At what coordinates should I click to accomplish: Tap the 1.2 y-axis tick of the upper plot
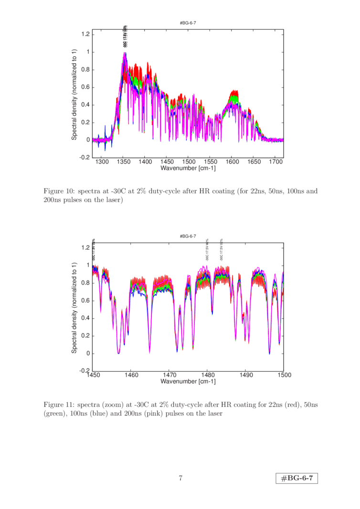85,34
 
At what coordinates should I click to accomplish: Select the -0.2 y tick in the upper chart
84,157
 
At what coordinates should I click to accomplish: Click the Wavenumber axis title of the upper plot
188,168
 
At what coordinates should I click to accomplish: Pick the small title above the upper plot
188,22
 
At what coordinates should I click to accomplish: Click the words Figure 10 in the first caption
55,191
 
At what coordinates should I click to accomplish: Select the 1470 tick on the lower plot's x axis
169,375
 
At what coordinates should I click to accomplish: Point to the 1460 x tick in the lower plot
131,375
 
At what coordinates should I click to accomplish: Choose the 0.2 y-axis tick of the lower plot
85,336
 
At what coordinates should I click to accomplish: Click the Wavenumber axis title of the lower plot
188,382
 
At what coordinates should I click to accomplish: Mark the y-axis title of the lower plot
74,308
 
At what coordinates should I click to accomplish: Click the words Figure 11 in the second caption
55,405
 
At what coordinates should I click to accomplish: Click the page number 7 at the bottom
180,478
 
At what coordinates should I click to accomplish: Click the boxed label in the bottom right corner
296,478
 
